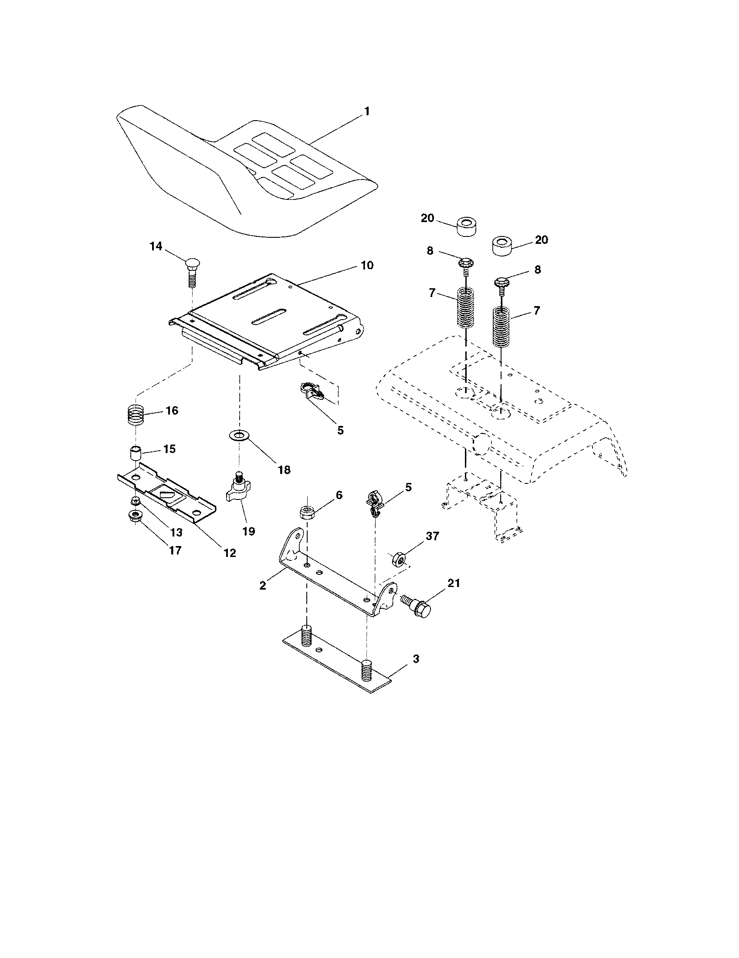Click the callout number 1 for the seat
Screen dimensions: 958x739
[367, 111]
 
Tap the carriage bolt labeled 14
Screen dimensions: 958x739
[191, 272]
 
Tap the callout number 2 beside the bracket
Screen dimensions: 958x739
[262, 585]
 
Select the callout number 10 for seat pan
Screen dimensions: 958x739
[367, 265]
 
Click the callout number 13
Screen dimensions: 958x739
[176, 533]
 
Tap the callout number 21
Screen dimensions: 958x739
[453, 583]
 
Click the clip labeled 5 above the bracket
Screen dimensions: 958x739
[373, 503]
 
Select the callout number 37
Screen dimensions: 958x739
[432, 536]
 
